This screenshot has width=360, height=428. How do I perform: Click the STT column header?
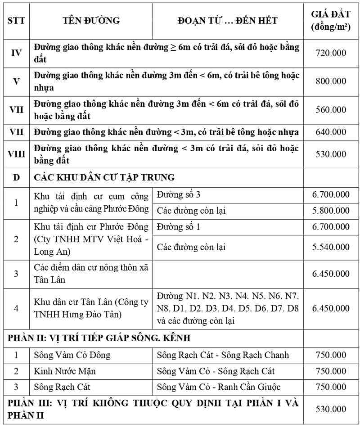coord(16,21)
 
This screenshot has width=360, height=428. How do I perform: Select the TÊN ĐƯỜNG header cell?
coord(91,21)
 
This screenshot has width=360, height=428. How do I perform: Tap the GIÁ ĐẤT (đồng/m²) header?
coord(331,21)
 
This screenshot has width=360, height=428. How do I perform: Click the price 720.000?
coord(331,53)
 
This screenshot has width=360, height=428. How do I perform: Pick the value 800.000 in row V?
coord(331,81)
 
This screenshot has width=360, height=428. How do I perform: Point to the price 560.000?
coord(331,110)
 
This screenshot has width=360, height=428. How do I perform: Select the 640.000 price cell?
coord(331,132)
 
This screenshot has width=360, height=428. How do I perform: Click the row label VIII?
coord(16,154)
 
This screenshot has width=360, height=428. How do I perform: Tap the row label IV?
coord(16,53)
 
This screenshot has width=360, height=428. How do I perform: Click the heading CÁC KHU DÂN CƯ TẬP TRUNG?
coord(104,177)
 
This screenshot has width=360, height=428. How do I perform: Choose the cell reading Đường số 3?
coord(179,194)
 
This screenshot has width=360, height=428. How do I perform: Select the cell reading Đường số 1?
coord(179,227)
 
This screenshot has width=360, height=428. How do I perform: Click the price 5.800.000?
coord(331,211)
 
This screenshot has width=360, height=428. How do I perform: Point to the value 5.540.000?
coord(331,247)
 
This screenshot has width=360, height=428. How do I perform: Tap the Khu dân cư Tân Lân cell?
coord(91,308)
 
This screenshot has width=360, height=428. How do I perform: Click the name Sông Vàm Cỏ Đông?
coord(72,355)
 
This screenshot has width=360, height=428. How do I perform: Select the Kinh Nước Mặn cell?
coord(65,371)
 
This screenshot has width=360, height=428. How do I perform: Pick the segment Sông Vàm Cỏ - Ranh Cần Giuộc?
coord(219,387)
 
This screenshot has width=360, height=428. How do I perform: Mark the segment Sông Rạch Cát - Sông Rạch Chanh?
coord(223,355)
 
